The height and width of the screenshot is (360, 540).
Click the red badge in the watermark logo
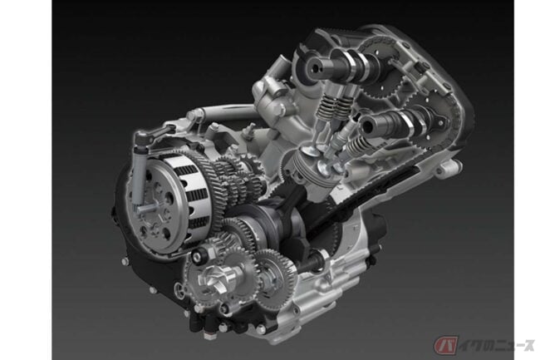pos(445,345)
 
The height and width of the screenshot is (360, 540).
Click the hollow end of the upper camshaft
pos(315,67)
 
